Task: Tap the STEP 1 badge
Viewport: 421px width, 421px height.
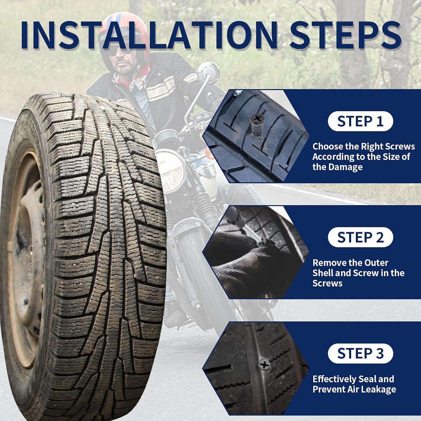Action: pyautogui.click(x=360, y=121)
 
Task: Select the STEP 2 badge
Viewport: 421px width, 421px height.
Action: pyautogui.click(x=360, y=237)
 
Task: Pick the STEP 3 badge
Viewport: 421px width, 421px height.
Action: pyautogui.click(x=360, y=353)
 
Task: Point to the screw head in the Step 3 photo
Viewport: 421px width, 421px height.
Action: pyautogui.click(x=265, y=365)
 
